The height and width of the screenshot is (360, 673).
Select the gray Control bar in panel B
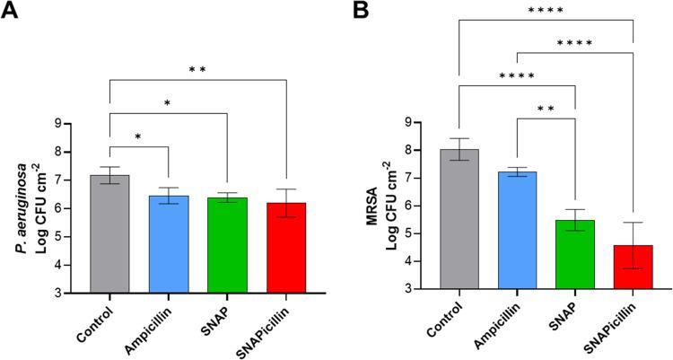(459, 219)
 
